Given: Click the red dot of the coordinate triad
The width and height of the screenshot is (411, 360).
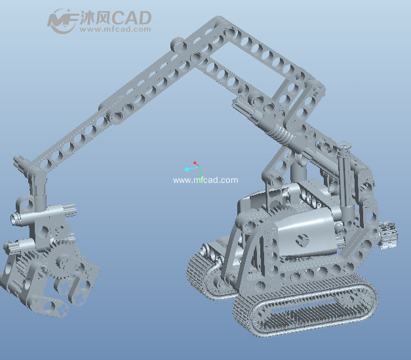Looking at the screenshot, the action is click(x=195, y=163).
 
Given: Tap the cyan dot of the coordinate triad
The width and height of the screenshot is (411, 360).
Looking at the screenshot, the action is click(x=187, y=169).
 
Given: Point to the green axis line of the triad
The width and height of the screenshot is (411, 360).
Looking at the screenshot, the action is click(x=200, y=174).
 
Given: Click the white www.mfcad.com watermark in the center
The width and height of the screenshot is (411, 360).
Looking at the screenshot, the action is click(x=206, y=180).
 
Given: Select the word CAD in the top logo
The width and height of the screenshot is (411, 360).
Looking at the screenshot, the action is click(x=132, y=18).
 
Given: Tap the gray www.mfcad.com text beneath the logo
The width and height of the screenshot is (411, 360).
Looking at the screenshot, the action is click(x=115, y=29).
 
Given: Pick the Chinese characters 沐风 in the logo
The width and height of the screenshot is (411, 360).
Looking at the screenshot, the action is click(x=96, y=18).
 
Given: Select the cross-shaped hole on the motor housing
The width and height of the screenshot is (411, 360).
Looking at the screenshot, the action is click(x=302, y=241).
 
